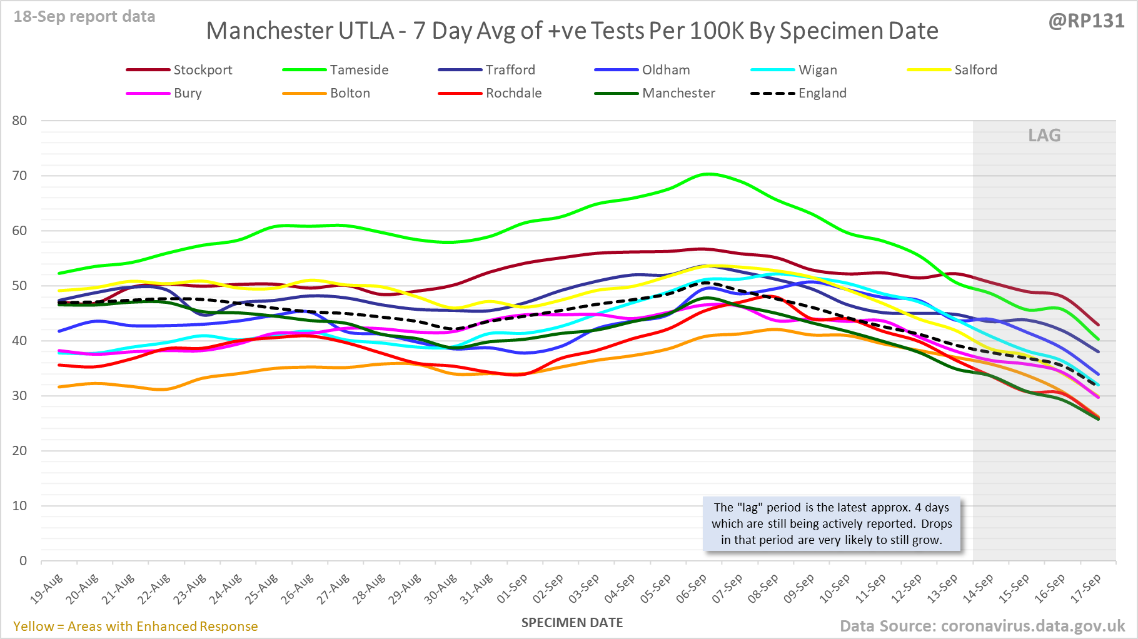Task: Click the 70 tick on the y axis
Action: pos(20,176)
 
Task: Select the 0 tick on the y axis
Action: pos(23,561)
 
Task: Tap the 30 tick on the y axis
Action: pos(20,396)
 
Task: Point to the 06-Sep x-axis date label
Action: pos(692,588)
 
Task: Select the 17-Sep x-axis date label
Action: pos(1086,588)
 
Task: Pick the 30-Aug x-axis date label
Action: pos(441,588)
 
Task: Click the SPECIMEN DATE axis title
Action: pos(572,623)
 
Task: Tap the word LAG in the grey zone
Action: pos(1044,136)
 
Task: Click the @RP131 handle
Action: pos(1086,21)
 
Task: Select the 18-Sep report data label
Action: pos(84,17)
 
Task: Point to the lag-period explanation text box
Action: pos(832,524)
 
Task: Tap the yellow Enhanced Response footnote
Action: pos(136,626)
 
